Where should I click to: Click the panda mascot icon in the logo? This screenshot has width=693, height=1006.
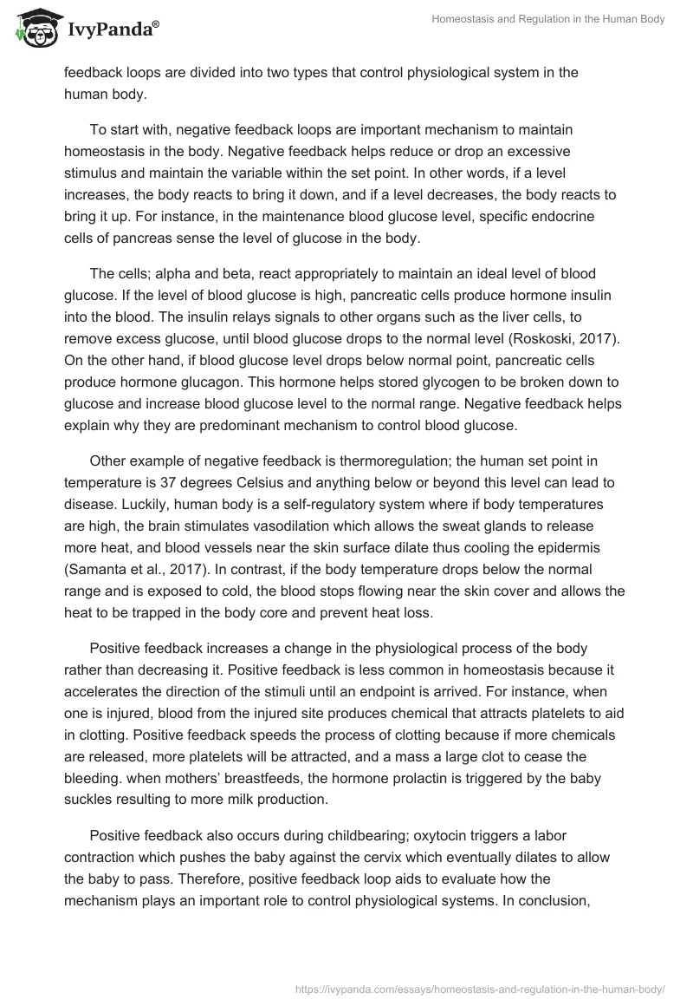32,29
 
